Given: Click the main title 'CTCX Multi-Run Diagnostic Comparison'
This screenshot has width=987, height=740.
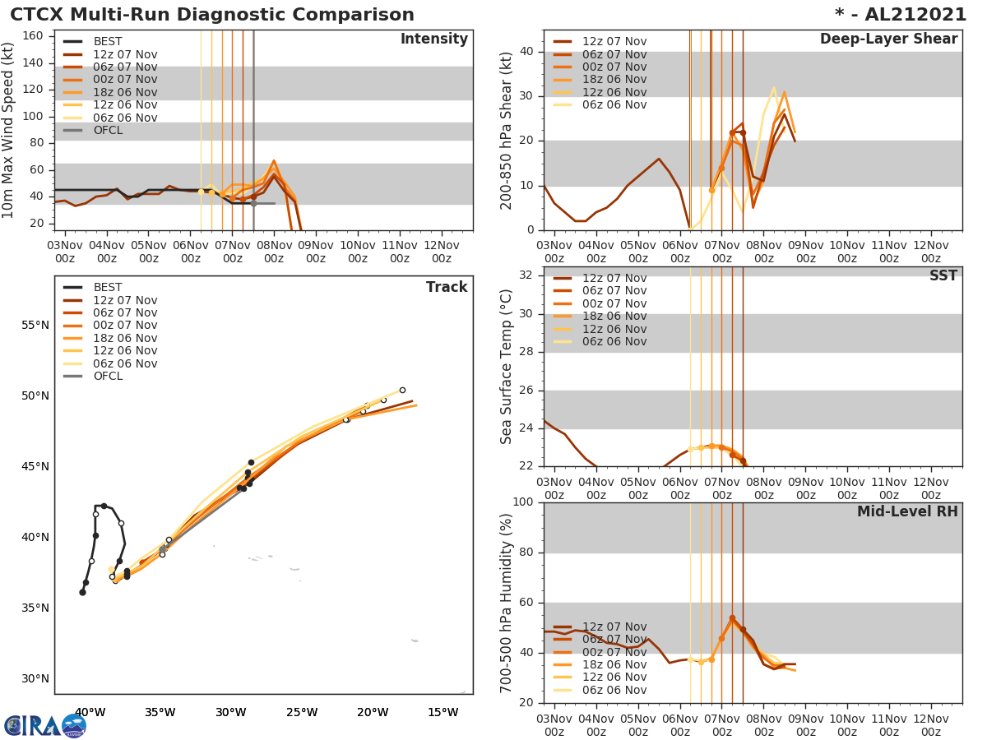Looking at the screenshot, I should click(x=212, y=15).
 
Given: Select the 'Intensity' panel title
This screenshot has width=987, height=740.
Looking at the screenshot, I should click(x=433, y=39).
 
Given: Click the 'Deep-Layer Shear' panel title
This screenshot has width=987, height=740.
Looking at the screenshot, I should click(x=888, y=39).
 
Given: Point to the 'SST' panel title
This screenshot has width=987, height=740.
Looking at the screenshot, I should click(x=943, y=276).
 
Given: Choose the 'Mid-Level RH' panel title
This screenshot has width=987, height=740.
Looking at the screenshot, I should click(x=906, y=511).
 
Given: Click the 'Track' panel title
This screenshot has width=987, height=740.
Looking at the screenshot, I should click(x=447, y=287).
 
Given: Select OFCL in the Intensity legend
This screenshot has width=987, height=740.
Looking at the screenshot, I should click(x=108, y=130).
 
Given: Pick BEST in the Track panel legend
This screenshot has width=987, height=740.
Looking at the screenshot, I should click(x=108, y=287).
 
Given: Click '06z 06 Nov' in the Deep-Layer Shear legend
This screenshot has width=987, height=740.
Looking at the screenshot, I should click(x=614, y=104).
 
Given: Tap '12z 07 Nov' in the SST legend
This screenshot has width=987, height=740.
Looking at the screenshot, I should click(x=614, y=278).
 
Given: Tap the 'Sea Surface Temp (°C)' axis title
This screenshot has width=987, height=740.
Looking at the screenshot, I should click(x=507, y=368).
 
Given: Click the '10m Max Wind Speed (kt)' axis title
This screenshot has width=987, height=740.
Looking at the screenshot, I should click(x=9, y=130).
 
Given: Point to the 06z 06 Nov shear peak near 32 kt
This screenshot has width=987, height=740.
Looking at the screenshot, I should click(x=773, y=87).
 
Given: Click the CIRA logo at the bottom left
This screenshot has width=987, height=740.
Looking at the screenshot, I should click(x=45, y=725).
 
